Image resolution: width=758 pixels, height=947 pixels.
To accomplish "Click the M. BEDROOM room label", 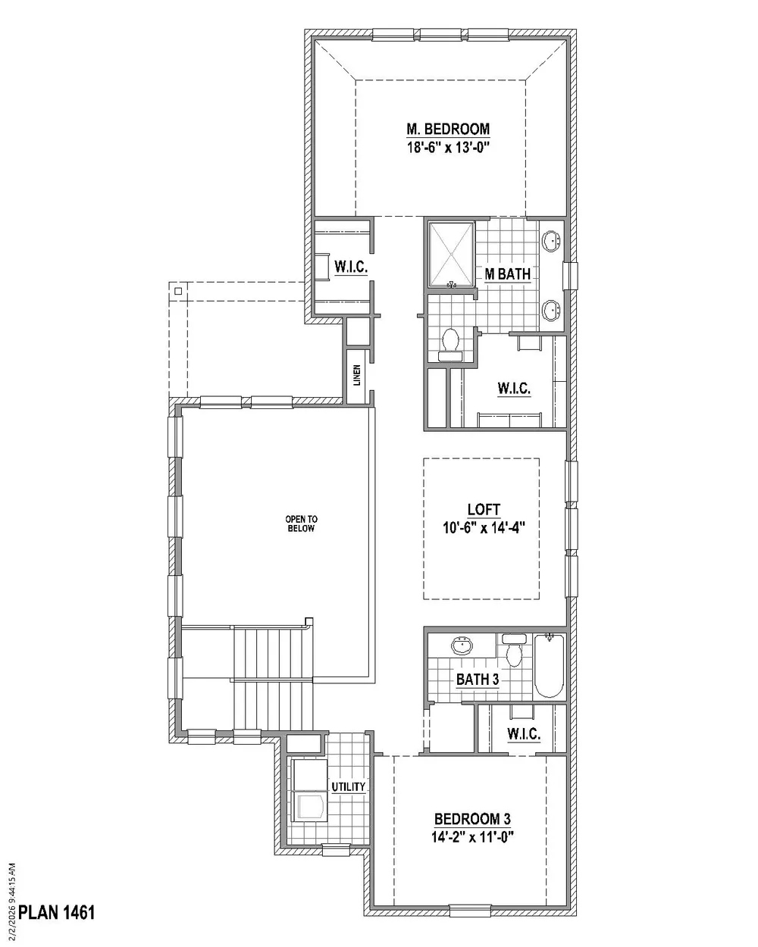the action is coord(448,129).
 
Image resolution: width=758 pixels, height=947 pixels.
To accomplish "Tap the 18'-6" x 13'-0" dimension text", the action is coord(449,147).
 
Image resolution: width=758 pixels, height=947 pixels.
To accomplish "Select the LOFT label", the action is coord(484,510).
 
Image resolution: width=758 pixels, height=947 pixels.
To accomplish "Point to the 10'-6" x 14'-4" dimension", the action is coord(484,527).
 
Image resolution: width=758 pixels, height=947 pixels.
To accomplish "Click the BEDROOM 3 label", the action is coord(472,819).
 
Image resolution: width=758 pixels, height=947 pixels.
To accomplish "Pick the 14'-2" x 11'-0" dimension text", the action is coord(472,836).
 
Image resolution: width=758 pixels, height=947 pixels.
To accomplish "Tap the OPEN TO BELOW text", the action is coord(301,524).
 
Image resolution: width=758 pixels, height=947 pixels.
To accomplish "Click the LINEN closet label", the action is coord(357,375).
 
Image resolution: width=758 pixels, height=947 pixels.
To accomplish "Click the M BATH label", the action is coord(507,274).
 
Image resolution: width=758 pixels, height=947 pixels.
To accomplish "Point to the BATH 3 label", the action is coord(478,680).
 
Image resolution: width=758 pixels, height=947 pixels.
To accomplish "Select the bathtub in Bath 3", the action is coord(550,666).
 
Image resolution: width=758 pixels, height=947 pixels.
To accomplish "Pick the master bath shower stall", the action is coord(452,255).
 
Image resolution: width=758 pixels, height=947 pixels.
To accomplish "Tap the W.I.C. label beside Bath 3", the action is coord(524,733).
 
